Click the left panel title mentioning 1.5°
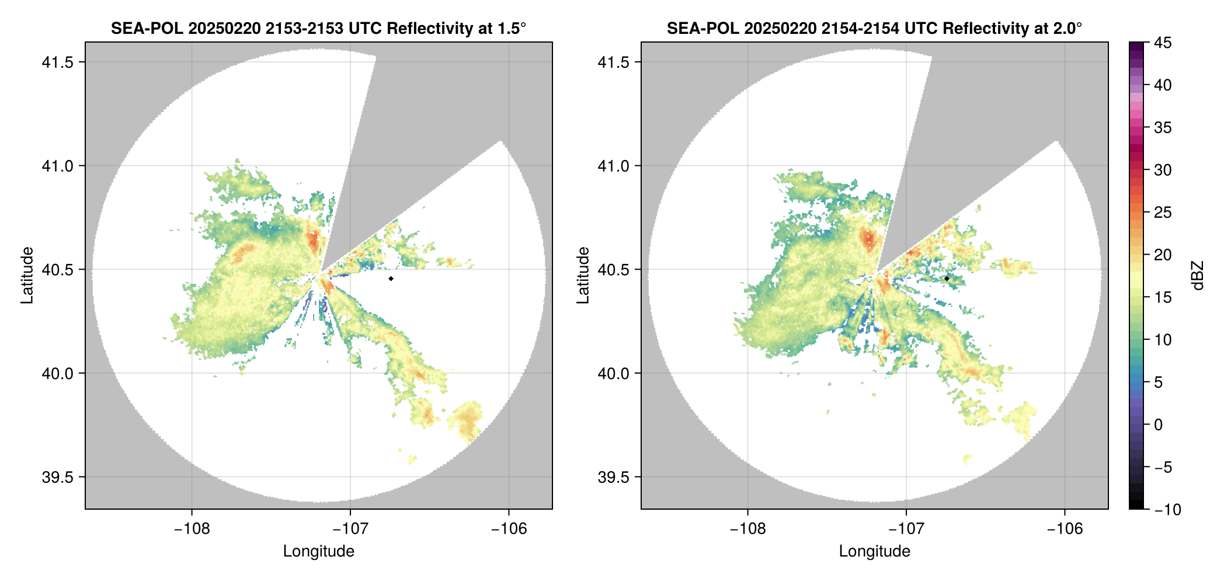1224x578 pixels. (x=318, y=28)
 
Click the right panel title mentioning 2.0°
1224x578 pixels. (x=874, y=28)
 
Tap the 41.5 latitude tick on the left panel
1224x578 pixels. (x=57, y=62)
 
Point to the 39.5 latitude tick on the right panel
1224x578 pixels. (x=613, y=477)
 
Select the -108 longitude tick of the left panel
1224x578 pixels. (x=192, y=529)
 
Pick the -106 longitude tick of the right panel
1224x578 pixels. (x=1065, y=529)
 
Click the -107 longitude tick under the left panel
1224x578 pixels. (x=350, y=529)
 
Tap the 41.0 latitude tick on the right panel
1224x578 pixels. (x=613, y=166)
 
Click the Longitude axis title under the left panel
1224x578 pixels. (x=318, y=551)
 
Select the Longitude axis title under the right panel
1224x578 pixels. (x=874, y=551)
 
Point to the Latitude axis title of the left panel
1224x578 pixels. (x=27, y=276)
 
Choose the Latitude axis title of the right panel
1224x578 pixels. (x=583, y=276)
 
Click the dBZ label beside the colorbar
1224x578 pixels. (x=1198, y=276)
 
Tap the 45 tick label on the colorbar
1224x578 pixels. (x=1163, y=43)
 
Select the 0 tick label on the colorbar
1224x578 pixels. (x=1159, y=425)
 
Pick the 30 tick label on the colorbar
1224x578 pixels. (x=1163, y=170)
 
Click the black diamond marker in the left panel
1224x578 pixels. (x=391, y=278)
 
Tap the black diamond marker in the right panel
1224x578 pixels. (x=947, y=278)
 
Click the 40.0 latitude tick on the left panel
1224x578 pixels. (x=57, y=374)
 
